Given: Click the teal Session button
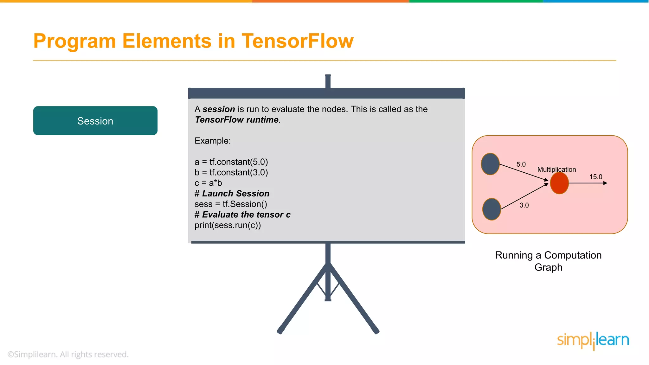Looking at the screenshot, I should click(x=95, y=121).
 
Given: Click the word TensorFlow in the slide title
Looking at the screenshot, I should click(x=297, y=41).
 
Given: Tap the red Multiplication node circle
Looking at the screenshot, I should click(x=559, y=183).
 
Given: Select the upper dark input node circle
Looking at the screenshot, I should click(x=490, y=164).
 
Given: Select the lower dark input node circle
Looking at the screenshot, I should click(x=492, y=209).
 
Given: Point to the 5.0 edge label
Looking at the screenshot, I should click(x=521, y=164).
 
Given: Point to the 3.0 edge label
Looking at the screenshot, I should click(x=524, y=205).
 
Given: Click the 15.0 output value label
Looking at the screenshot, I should click(x=596, y=177).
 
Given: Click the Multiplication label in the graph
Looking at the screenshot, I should click(x=556, y=170).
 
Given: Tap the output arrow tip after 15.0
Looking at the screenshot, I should click(x=606, y=183).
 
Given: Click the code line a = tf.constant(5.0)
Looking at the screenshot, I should click(x=231, y=162).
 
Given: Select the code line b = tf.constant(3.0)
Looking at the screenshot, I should click(x=231, y=172).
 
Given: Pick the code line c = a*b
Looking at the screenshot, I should click(x=208, y=183).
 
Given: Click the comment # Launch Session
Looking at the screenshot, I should click(x=232, y=194).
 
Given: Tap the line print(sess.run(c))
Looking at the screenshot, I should click(x=228, y=225).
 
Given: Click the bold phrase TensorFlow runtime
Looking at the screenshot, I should click(x=237, y=120).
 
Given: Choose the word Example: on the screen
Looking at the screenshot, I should click(x=213, y=141).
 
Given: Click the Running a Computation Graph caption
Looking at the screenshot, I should click(x=548, y=261).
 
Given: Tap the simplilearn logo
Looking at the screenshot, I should click(x=593, y=341).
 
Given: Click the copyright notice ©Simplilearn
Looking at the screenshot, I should click(x=68, y=354).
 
